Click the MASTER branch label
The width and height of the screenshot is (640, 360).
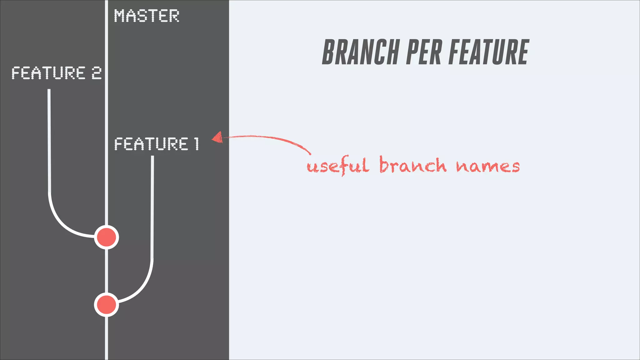coord(146,16)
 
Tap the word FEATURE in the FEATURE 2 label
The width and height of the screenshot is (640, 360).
coord(48,73)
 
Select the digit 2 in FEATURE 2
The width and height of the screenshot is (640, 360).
coord(97,73)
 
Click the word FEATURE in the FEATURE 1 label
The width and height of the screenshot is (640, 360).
coord(151,144)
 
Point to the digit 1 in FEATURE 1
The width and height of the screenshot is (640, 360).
coord(196,144)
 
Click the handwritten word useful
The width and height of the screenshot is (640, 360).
coord(337,166)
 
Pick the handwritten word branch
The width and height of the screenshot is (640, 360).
coord(412,165)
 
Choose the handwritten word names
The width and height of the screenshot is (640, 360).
coord(487,166)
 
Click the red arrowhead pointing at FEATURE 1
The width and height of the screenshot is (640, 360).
coord(217,137)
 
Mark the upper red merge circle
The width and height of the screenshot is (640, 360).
coord(107,237)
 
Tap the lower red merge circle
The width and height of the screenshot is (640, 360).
coord(107,305)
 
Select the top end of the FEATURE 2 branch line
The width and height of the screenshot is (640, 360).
coord(49,91)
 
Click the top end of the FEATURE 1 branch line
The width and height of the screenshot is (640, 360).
coord(152,157)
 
